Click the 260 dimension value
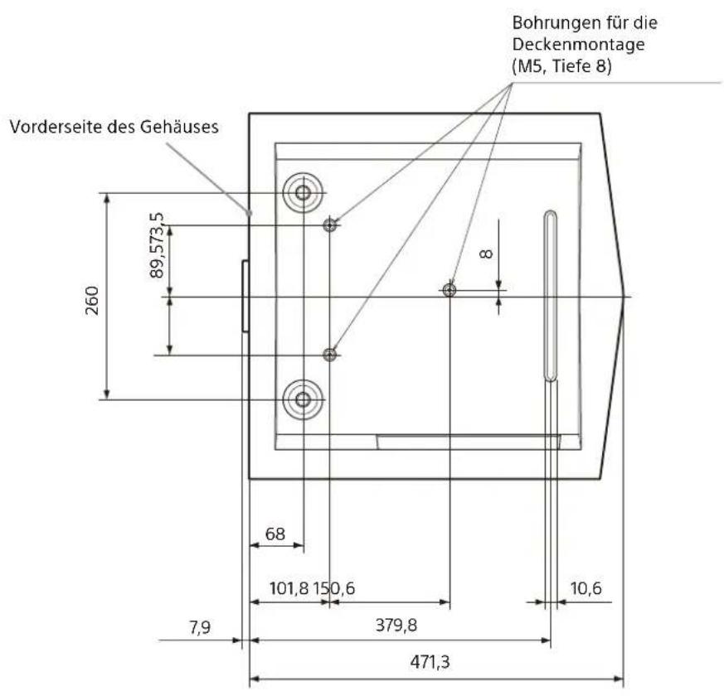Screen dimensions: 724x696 coord(92,300)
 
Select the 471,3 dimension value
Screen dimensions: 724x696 coord(430,662)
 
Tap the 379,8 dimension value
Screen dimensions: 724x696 coord(396,626)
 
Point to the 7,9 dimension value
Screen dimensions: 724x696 coord(200,628)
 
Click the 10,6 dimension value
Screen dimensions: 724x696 coord(586,588)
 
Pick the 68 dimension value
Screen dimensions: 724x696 coord(275,534)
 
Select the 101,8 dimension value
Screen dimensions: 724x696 coord(289,588)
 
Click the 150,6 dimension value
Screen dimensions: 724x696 coord(334,588)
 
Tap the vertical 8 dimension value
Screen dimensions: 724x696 coord(487,254)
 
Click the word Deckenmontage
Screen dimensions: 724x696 coord(579,45)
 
